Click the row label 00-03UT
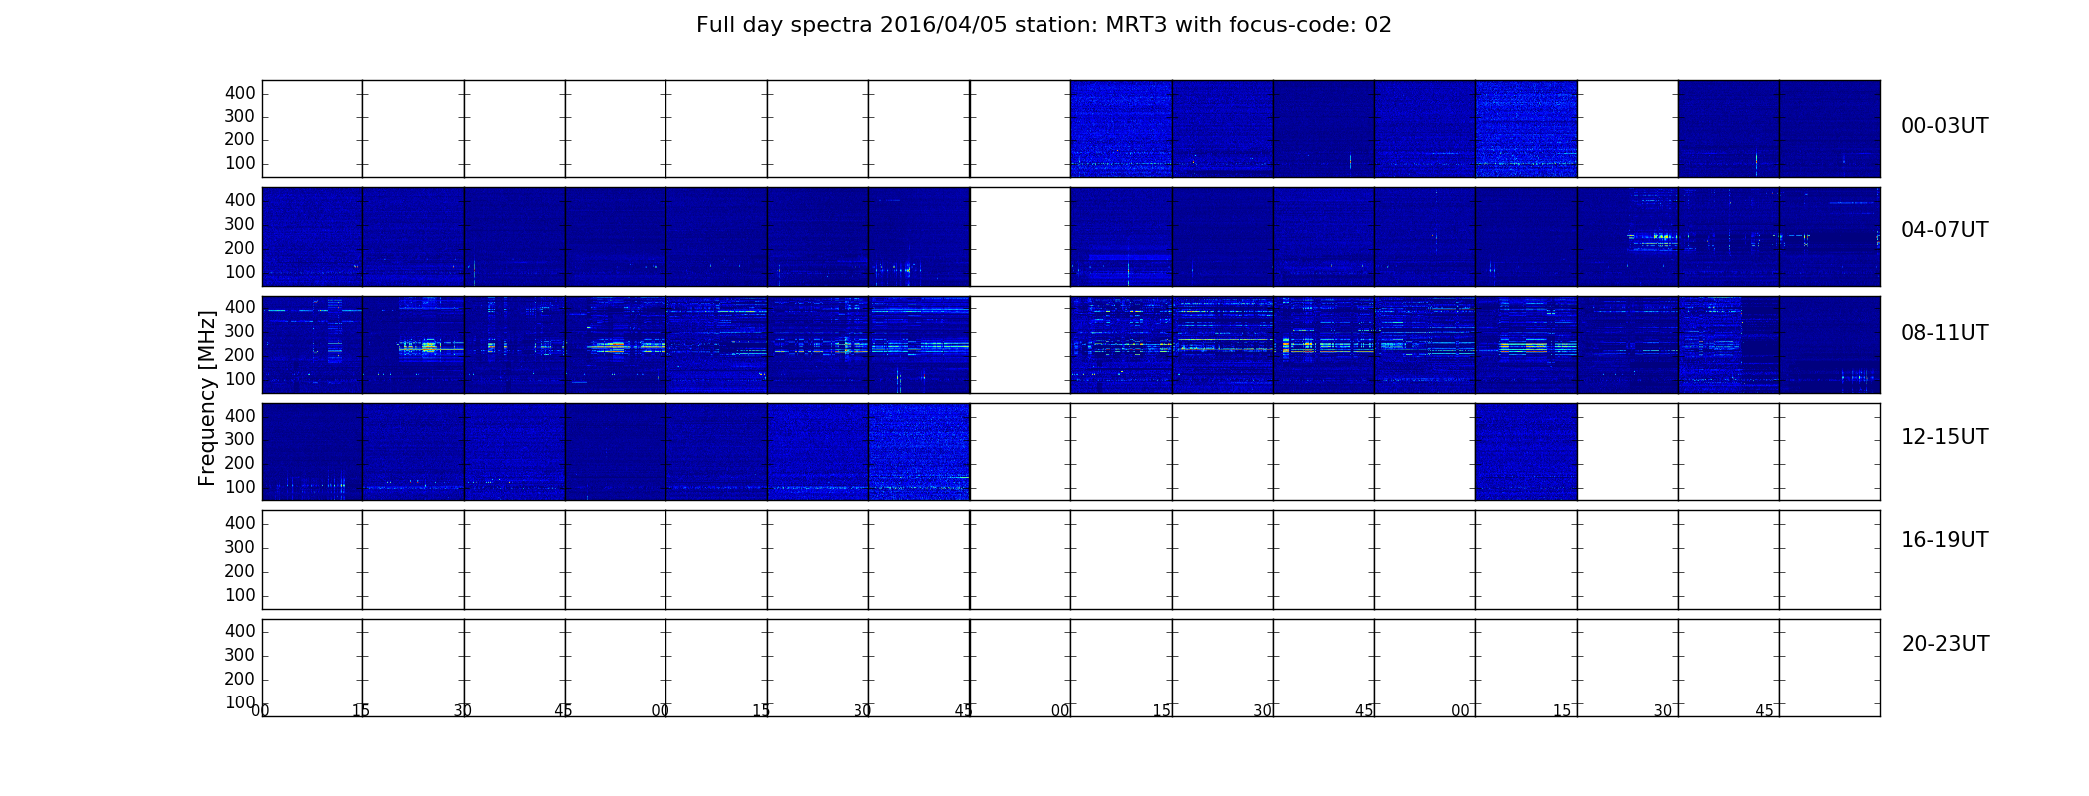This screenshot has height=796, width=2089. pos(1944,126)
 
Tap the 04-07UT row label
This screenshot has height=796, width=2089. pos(1944,230)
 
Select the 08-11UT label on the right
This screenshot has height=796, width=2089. pos(1944,333)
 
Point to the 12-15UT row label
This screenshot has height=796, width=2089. pos(1944,437)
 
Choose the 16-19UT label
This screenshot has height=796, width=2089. pos(1944,540)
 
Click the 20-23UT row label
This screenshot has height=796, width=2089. pos(1945,644)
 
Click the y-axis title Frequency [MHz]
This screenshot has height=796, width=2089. pos(207,398)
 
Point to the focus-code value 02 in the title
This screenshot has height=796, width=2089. pos(1378,25)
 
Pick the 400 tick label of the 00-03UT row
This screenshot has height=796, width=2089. pos(240,93)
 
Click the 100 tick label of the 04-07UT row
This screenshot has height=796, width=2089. pos(240,272)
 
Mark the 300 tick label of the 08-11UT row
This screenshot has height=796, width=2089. pos(240,331)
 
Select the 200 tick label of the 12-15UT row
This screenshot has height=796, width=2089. pos(240,463)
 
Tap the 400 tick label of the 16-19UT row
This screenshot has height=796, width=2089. pos(240,523)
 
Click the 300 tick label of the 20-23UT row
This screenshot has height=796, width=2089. pos(240,655)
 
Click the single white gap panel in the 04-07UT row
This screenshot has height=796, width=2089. pos(1021,237)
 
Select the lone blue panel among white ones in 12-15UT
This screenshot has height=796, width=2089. pos(1526,452)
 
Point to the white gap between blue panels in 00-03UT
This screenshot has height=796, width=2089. pos(1627,128)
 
